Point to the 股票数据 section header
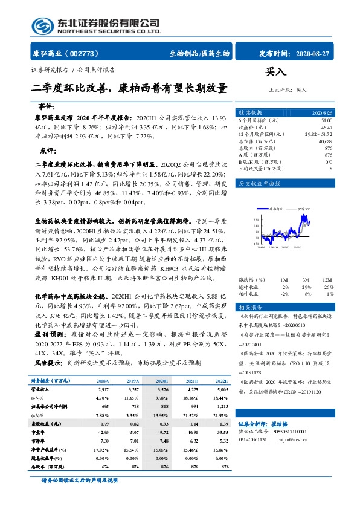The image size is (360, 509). [x=250, y=113]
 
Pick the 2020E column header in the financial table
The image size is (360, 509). [x=161, y=381]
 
